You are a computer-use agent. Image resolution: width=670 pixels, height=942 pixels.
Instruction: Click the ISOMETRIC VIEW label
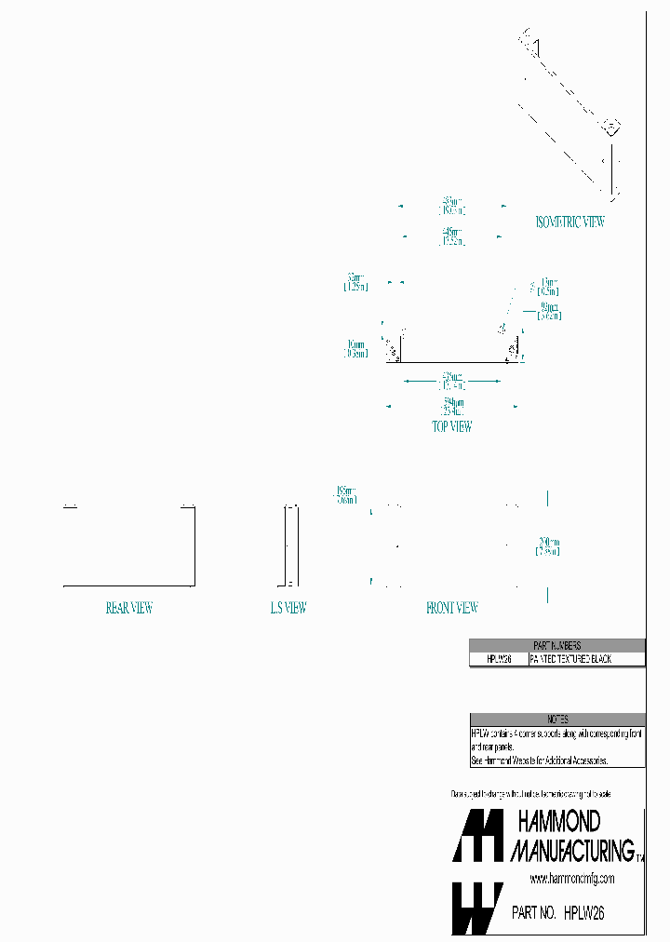[569, 222]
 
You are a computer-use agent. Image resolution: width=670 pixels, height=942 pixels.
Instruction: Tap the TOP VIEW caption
[451, 427]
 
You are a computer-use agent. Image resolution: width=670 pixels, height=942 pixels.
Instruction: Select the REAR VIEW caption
[128, 609]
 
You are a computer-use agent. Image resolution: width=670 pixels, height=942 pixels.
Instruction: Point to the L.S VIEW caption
[288, 609]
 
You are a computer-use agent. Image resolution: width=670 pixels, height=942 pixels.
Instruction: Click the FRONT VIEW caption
[451, 609]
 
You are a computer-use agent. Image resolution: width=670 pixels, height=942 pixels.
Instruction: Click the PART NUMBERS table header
[556, 645]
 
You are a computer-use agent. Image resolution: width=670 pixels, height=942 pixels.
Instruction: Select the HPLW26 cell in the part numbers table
[498, 659]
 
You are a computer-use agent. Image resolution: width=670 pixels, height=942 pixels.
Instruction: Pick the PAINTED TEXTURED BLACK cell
[584, 659]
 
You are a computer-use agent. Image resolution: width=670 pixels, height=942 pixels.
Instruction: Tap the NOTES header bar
[556, 720]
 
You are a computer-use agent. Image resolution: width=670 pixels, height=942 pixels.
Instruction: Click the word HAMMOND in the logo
[558, 821]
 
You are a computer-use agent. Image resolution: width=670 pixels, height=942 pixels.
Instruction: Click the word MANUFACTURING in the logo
[572, 849]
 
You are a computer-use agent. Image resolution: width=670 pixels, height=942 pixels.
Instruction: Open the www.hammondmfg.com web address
[572, 879]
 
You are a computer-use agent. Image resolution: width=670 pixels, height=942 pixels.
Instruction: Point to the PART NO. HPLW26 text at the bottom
[558, 914]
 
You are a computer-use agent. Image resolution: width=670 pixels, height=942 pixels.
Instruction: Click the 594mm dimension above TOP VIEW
[452, 405]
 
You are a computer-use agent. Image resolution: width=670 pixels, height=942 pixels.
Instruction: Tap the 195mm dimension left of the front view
[345, 494]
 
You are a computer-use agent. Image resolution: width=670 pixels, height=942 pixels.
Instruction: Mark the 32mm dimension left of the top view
[355, 282]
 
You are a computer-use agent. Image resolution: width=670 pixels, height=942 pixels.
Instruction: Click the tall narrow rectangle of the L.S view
[289, 546]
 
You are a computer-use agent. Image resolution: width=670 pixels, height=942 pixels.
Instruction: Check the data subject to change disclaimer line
[531, 794]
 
